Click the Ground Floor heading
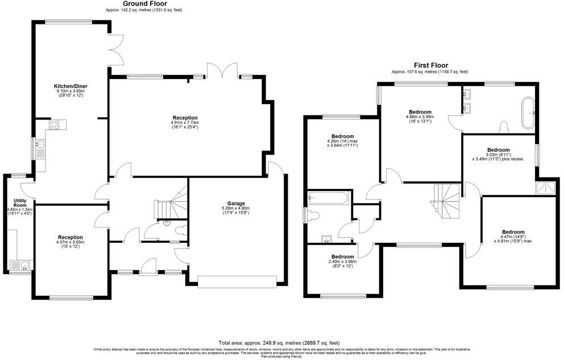tap(144, 3)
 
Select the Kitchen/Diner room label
tap(71, 86)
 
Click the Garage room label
tap(236, 203)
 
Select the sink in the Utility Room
tap(22, 265)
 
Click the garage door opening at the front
tap(237, 279)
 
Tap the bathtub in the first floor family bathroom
tap(328, 198)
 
